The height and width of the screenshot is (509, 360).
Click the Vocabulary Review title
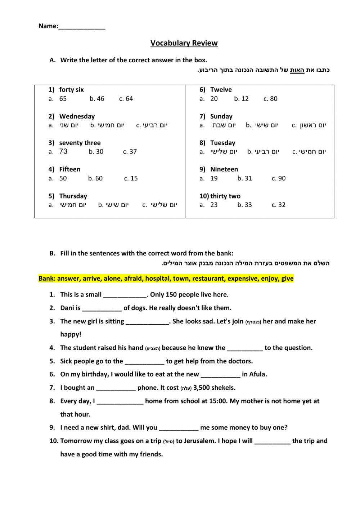click(184, 43)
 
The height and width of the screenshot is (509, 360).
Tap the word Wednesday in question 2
click(77, 116)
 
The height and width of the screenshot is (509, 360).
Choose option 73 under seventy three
click(63, 152)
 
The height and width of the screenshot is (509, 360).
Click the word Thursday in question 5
click(73, 196)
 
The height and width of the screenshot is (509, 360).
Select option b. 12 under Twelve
click(241, 99)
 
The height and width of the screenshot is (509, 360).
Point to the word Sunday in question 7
click(221, 116)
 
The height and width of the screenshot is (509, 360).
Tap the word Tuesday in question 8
click(223, 143)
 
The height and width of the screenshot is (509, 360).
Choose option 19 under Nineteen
click(214, 178)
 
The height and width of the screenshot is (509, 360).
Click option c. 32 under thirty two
click(279, 205)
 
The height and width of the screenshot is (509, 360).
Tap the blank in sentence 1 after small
click(125, 295)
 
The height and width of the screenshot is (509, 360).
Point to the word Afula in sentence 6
click(257, 374)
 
